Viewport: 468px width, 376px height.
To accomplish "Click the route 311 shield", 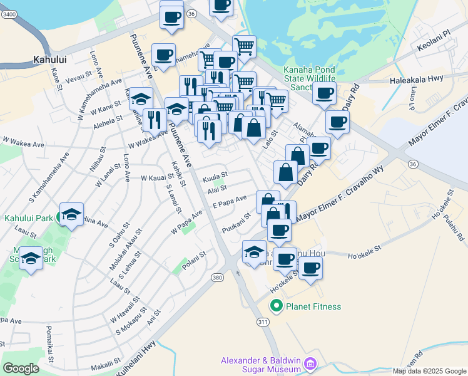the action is tap(262, 321).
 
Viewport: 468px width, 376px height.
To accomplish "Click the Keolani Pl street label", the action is tap(437, 47).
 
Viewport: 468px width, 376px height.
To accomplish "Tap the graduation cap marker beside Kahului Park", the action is tap(72, 214).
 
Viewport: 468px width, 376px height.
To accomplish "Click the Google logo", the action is tap(21, 368).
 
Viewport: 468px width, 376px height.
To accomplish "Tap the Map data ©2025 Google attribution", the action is tap(429, 371).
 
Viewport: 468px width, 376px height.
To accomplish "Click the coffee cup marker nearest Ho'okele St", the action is tap(310, 269).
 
